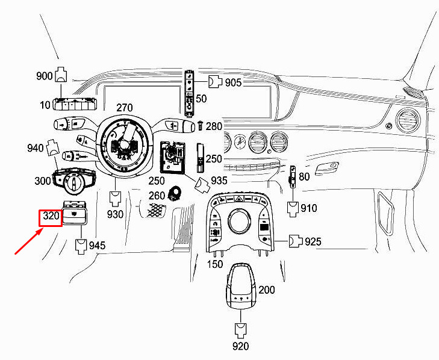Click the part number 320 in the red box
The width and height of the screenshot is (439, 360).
coord(51,217)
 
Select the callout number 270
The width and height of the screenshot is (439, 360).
coord(125,108)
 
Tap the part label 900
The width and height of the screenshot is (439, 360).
coord(45,76)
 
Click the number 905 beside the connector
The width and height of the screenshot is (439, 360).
coord(233,82)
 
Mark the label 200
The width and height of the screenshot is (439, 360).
coord(266,290)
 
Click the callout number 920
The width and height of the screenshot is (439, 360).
coord(240,346)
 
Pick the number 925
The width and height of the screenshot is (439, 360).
coord(313,242)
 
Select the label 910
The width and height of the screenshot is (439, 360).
coord(309,209)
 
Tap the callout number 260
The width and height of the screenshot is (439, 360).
coord(157,195)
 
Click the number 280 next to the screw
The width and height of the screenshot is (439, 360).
coord(214,126)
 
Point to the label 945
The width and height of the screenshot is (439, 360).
coord(97,246)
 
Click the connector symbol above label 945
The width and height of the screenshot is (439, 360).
coord(79,244)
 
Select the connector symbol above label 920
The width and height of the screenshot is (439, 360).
coord(240,329)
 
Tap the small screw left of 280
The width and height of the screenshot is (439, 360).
coord(200,126)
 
